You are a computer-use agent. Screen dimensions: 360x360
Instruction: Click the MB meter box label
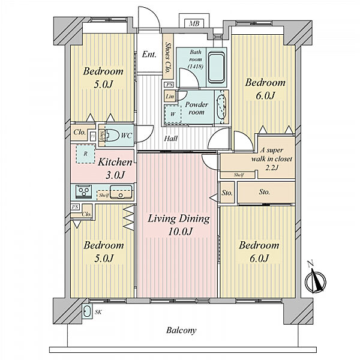point(194,23)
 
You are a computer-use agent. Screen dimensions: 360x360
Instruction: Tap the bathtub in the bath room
point(216,67)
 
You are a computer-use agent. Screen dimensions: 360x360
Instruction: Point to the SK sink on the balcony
point(87,311)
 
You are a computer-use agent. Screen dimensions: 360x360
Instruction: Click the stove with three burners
point(83,191)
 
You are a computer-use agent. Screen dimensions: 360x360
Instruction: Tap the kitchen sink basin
point(121,192)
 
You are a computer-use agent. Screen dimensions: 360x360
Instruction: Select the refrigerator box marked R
point(85,154)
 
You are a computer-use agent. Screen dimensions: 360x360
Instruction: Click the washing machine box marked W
point(173,114)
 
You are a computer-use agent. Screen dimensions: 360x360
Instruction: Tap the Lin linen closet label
point(170,97)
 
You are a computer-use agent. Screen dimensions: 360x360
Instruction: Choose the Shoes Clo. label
point(168,57)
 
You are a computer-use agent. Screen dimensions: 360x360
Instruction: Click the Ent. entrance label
point(149,55)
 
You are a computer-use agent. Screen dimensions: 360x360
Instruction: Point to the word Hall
point(171,139)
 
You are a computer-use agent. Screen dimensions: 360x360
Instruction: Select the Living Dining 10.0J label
point(179,225)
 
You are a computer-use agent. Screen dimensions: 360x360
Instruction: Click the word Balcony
point(181,331)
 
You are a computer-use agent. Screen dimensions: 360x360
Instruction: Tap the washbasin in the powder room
point(222,107)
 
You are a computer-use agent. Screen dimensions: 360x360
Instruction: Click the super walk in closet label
point(272,159)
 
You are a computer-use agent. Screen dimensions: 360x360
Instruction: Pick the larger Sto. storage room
point(266,192)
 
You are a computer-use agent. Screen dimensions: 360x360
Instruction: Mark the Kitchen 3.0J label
point(115,169)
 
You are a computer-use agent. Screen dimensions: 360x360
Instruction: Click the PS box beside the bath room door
point(169,85)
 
